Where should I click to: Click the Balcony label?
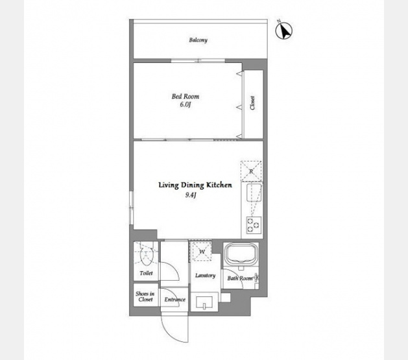click(198, 40)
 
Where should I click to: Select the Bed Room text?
click(186, 97)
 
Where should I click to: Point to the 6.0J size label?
click(186, 104)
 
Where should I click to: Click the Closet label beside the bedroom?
click(252, 102)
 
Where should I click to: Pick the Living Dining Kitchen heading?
click(195, 186)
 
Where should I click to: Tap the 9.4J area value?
click(191, 195)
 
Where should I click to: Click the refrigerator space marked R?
click(251, 171)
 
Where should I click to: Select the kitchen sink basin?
click(254, 192)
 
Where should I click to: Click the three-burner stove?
click(254, 225)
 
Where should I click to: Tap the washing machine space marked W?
click(202, 252)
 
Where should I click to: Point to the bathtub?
click(241, 254)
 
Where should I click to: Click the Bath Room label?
click(240, 278)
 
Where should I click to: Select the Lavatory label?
click(206, 276)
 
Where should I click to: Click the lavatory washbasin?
click(204, 302)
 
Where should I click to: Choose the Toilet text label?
click(146, 273)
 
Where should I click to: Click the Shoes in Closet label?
click(145, 296)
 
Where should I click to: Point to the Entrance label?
click(175, 300)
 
